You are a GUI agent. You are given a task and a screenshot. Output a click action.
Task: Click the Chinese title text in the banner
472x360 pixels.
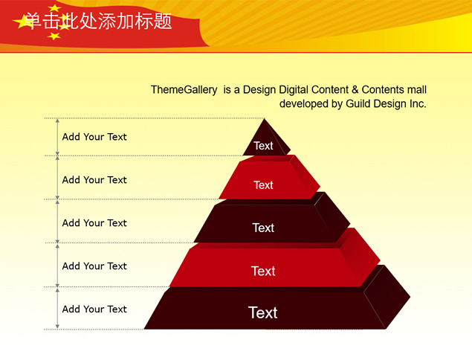(98, 21)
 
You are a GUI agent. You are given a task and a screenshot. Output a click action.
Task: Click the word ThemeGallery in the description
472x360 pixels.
(184, 90)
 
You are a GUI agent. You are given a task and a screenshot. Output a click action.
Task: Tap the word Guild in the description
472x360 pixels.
(359, 103)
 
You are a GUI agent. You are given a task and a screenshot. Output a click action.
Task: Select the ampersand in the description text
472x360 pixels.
(355, 89)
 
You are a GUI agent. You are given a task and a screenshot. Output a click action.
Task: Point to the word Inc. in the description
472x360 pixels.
(418, 103)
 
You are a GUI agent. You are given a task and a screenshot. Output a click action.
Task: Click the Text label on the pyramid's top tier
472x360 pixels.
(263, 146)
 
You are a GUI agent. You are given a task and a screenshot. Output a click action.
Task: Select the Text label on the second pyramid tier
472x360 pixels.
(263, 185)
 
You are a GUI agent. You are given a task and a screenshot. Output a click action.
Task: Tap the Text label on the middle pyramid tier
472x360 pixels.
(263, 228)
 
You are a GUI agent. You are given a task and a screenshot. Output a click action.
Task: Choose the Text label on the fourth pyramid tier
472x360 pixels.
(263, 271)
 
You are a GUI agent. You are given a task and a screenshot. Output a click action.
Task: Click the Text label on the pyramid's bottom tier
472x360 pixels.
(263, 312)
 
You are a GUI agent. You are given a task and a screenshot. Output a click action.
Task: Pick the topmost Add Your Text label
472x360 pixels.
(94, 137)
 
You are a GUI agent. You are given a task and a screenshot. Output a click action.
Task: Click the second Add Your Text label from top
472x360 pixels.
(94, 180)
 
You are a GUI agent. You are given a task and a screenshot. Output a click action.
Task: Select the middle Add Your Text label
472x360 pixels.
(94, 223)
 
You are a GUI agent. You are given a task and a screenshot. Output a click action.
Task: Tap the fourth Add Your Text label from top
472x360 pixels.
(94, 266)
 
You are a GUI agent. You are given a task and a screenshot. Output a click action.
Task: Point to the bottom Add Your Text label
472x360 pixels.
(94, 309)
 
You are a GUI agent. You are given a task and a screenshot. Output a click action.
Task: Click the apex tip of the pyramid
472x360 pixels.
(265, 119)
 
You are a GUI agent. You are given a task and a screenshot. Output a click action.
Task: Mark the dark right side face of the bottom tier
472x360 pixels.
(387, 297)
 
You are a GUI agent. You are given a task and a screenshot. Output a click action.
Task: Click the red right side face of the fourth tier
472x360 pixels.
(361, 257)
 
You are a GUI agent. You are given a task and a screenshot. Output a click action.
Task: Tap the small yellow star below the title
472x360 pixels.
(54, 36)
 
